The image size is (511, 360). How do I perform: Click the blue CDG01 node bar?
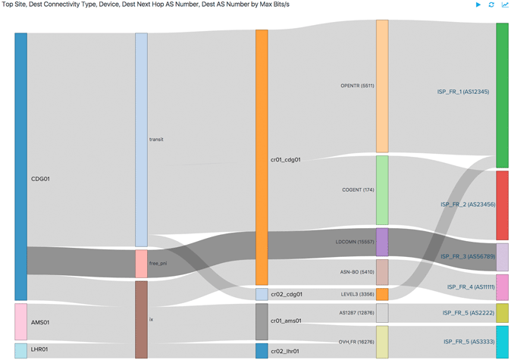click(x=20, y=166)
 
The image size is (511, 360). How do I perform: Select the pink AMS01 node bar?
click(x=20, y=321)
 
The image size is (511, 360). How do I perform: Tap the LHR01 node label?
click(x=39, y=349)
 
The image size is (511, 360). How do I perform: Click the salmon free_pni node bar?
click(x=141, y=264)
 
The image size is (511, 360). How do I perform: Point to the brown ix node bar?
click(x=141, y=319)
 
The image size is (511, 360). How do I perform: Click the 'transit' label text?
click(x=157, y=139)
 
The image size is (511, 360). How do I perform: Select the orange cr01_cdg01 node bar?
click(x=262, y=157)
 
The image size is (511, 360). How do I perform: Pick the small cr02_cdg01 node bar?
click(x=262, y=294)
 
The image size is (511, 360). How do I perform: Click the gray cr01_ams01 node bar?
click(x=262, y=321)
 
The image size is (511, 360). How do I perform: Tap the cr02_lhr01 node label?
click(x=286, y=351)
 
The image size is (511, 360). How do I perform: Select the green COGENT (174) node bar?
click(x=382, y=189)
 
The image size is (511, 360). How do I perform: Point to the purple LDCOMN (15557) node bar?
click(x=382, y=242)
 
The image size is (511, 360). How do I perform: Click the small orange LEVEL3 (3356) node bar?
click(x=382, y=294)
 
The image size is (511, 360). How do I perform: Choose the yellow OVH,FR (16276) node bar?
click(x=382, y=342)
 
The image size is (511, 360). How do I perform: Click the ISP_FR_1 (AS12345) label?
click(x=465, y=92)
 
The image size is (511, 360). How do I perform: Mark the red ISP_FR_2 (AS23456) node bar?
click(x=502, y=205)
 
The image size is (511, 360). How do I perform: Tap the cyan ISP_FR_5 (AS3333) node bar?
click(x=502, y=342)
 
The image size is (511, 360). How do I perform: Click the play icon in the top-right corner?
click(x=478, y=5)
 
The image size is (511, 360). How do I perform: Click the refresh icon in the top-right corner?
click(x=491, y=5)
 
